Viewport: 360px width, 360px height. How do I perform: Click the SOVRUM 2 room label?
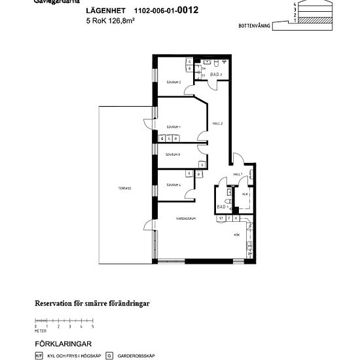tap(173, 82)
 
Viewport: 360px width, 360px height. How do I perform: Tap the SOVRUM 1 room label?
tap(173, 126)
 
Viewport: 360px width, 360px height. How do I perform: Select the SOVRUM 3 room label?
tap(173, 154)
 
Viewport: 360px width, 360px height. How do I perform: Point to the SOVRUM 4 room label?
tap(173, 185)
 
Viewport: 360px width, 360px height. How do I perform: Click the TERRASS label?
tap(124, 188)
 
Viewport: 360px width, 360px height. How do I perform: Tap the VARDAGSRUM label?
tap(187, 218)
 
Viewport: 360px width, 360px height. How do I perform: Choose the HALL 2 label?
tap(219, 124)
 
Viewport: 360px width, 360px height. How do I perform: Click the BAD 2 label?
tap(217, 75)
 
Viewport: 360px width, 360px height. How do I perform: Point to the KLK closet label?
tap(245, 194)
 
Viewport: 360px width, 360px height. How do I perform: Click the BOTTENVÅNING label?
tap(255, 26)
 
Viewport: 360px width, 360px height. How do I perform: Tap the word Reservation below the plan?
tap(55, 304)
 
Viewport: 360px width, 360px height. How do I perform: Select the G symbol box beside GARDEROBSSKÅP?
tap(109, 356)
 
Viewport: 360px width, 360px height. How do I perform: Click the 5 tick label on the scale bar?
tap(93, 325)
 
